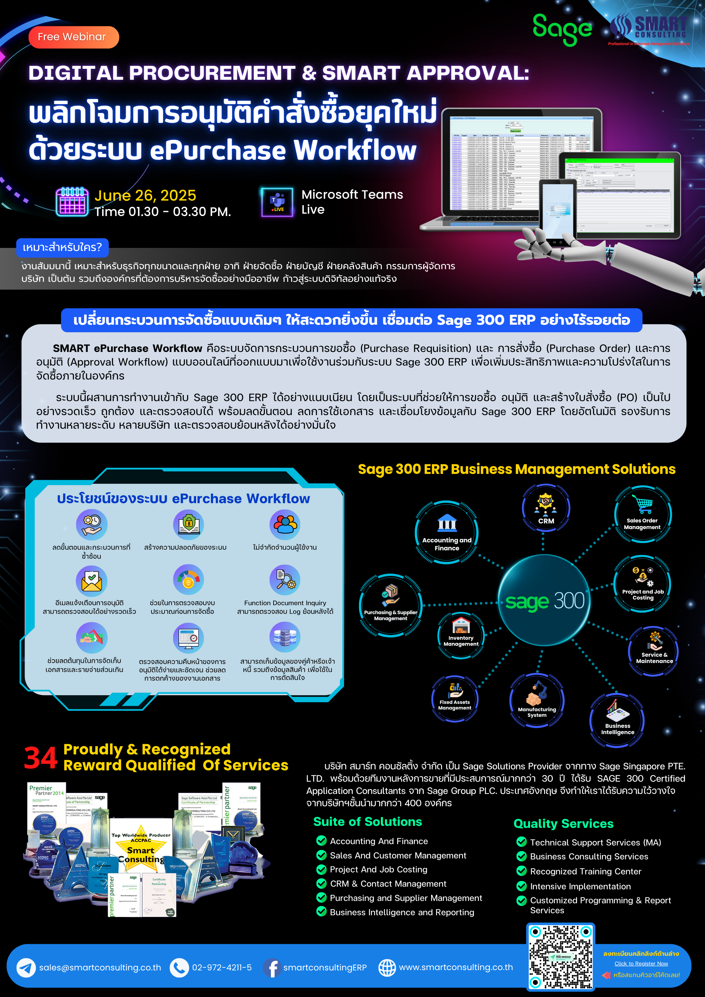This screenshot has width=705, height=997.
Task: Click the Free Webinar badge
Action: click(x=73, y=37)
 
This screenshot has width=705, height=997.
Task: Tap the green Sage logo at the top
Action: click(x=562, y=29)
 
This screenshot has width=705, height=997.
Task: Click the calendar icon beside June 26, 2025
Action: click(x=72, y=202)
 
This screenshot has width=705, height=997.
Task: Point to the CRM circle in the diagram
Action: click(x=545, y=508)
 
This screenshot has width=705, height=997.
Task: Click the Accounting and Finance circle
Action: click(x=446, y=532)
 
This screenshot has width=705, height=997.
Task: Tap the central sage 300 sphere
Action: click(x=544, y=601)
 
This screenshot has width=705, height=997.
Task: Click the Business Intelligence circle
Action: click(x=617, y=721)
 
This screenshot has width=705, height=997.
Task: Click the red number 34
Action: click(x=41, y=758)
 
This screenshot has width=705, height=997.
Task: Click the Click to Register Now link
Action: click(x=641, y=963)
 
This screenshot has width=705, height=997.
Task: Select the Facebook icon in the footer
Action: click(x=272, y=967)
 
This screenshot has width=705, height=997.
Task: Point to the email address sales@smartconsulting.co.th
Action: click(x=100, y=967)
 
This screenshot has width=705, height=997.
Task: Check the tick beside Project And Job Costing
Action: click(x=321, y=869)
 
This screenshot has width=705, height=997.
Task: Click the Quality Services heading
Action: click(x=563, y=824)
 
